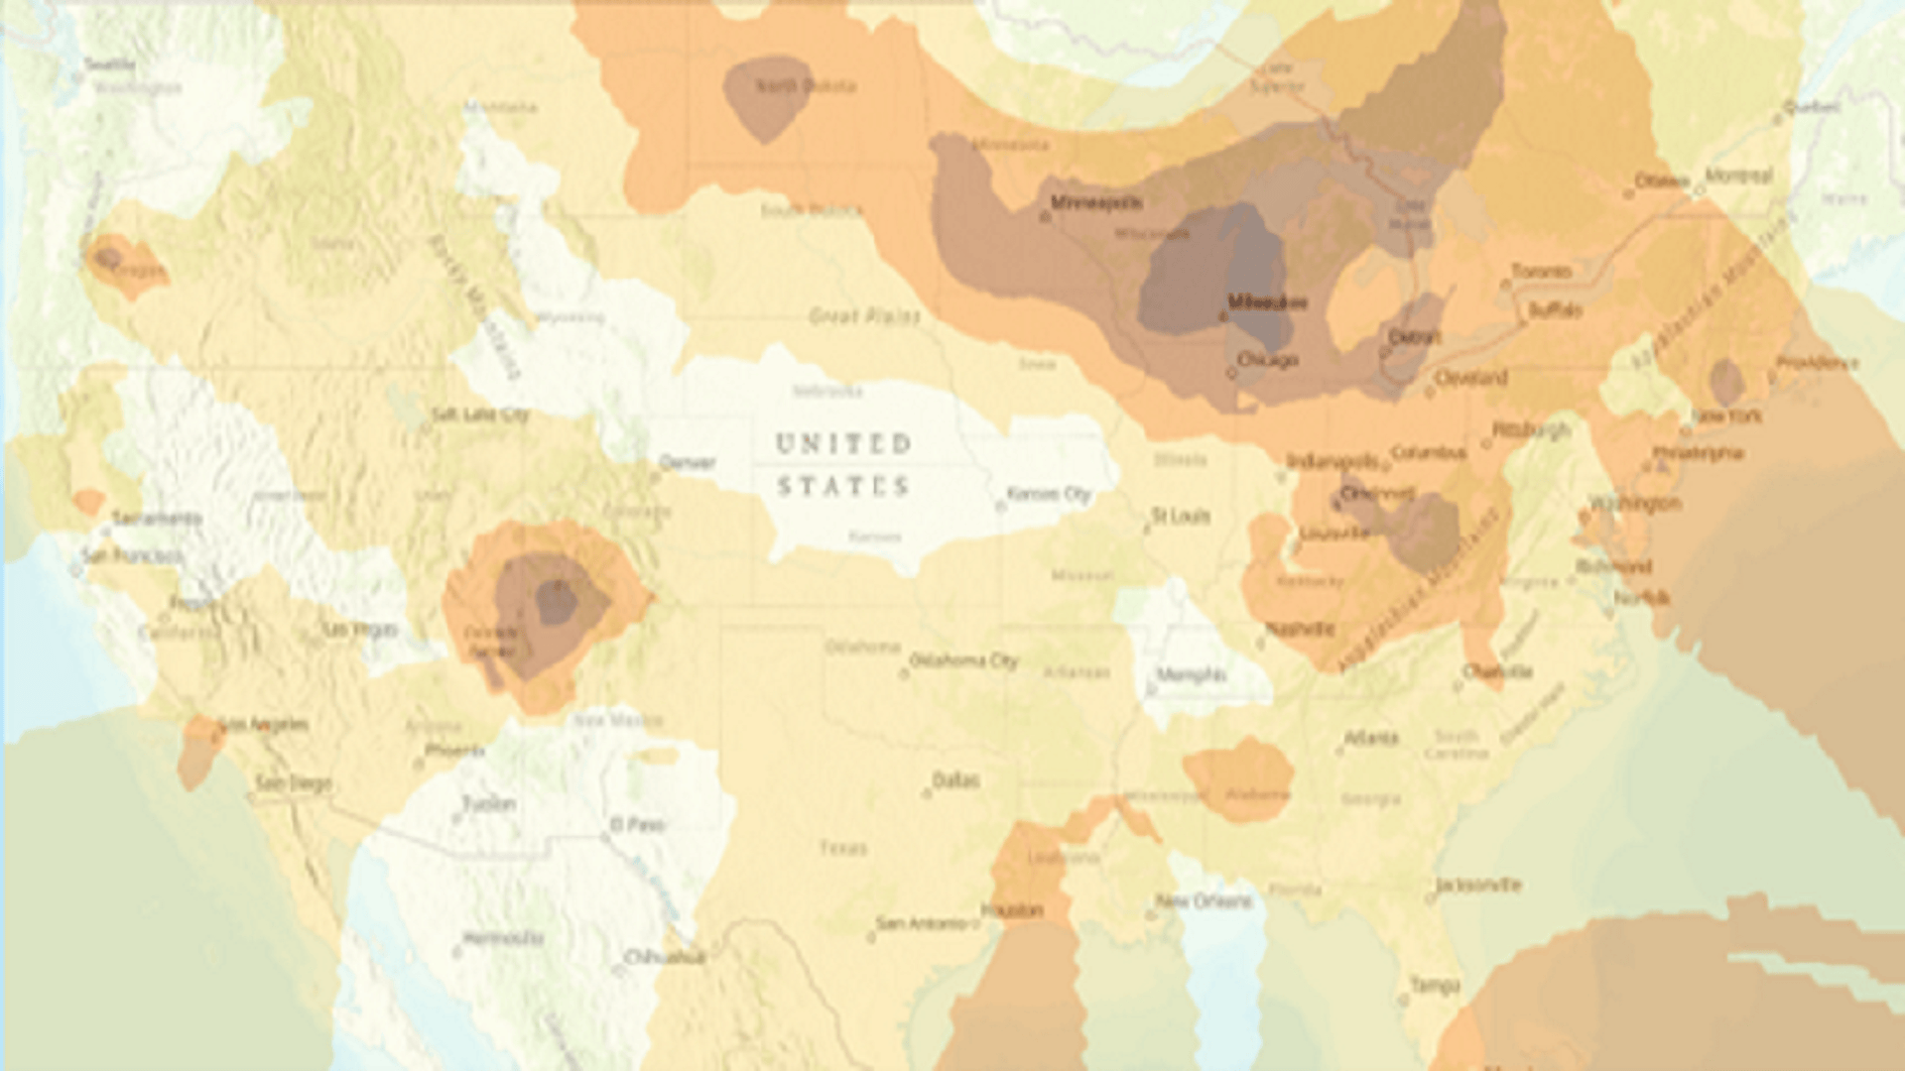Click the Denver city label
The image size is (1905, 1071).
point(688,462)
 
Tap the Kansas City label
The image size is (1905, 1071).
point(1049,494)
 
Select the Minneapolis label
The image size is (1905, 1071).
point(1096,203)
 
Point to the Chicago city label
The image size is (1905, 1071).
point(1268,360)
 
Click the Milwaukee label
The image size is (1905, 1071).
point(1267,301)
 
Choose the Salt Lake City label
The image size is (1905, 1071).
point(480,415)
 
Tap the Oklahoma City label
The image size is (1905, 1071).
point(963,660)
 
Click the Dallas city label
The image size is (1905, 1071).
point(956,780)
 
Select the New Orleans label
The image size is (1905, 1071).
point(1205,901)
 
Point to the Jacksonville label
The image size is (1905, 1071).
point(1478,885)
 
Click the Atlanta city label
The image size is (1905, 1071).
point(1370,738)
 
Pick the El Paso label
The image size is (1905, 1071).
point(637,824)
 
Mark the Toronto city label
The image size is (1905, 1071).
point(1541,272)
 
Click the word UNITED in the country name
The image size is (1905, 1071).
point(842,443)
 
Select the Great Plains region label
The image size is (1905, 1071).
point(864,316)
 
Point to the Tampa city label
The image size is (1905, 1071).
point(1435,985)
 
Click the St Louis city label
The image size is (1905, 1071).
point(1181,516)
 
